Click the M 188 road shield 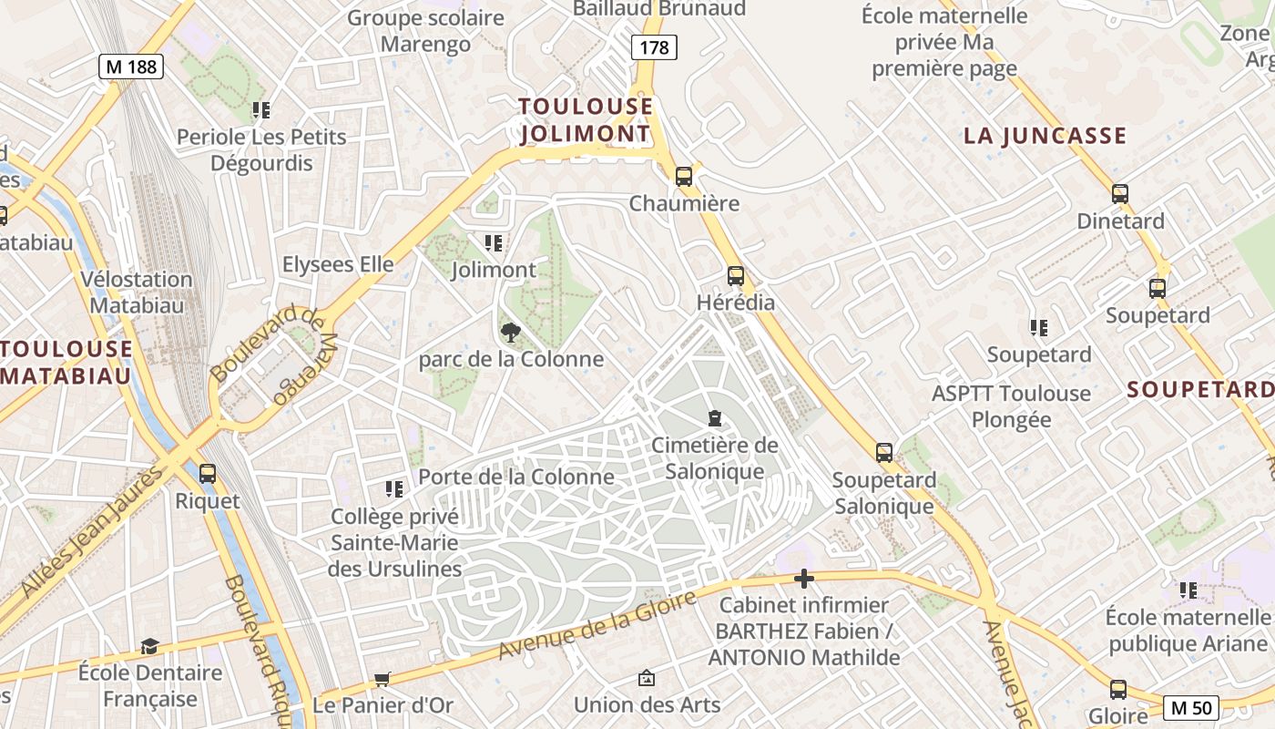(131, 66)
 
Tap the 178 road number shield (654, 47)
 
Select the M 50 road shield (1191, 707)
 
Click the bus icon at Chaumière (684, 176)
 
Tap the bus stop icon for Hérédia (735, 275)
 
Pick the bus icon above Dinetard (1120, 193)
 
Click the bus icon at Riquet (208, 473)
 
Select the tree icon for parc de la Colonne (511, 333)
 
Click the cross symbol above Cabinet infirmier (803, 578)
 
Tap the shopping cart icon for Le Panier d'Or (382, 679)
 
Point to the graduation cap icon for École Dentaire (149, 646)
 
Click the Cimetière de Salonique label (715, 457)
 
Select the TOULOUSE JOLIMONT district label (586, 120)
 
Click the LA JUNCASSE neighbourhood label (1045, 137)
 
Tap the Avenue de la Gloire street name (597, 625)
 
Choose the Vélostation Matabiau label (136, 292)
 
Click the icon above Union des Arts (647, 678)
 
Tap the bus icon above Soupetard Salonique (883, 452)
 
